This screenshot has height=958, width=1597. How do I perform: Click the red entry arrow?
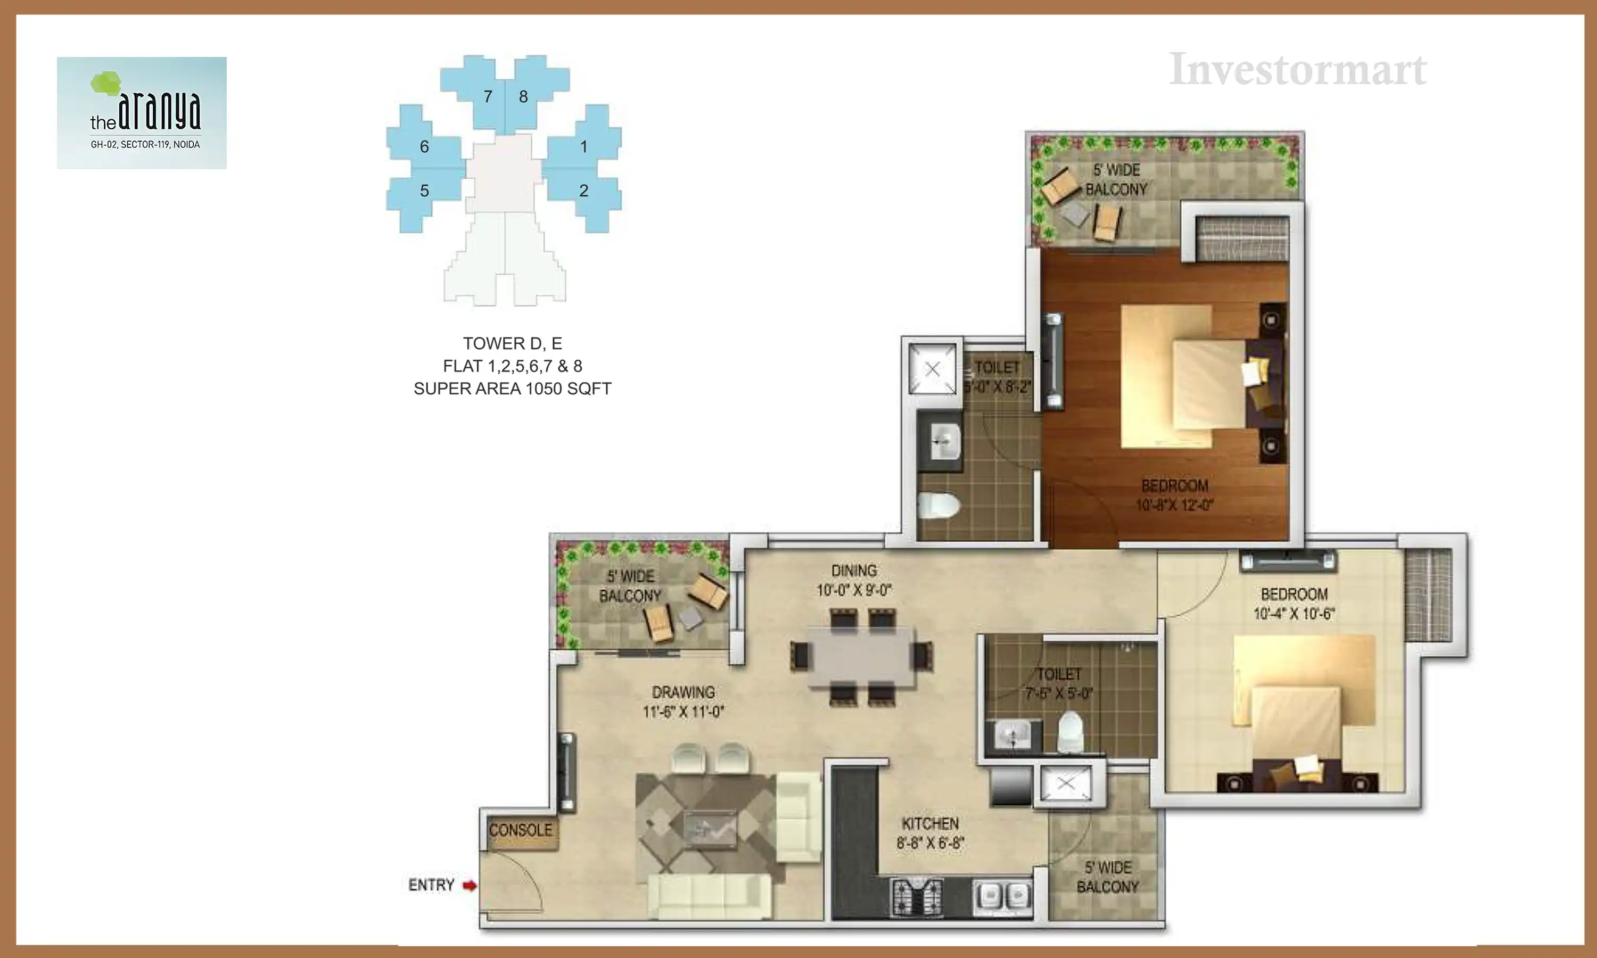(470, 885)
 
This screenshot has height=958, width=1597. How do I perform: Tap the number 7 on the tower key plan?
(488, 96)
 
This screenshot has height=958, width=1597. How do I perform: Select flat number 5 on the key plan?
(424, 191)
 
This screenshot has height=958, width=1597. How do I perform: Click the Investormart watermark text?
(1297, 69)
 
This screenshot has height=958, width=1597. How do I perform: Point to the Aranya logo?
(142, 112)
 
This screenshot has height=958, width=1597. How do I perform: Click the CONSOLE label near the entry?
(520, 830)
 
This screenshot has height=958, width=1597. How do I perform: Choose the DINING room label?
(853, 571)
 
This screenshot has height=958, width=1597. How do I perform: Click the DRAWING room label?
(683, 692)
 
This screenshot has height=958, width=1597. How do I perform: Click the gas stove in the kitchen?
(917, 897)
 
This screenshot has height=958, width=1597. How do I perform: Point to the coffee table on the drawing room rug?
(709, 827)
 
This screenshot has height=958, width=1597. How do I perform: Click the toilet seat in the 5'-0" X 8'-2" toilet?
(939, 506)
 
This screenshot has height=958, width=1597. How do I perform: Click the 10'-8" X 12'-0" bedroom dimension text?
(1174, 505)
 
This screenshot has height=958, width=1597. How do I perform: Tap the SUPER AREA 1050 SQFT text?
(512, 389)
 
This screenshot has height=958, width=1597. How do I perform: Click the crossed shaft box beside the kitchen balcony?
(1066, 784)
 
